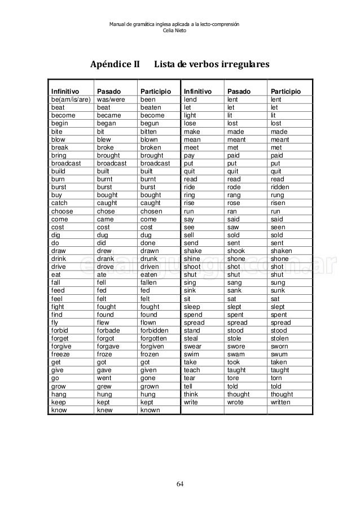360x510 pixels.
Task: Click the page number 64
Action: pyautogui.click(x=180, y=484)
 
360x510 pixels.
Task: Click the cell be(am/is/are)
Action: pyautogui.click(x=71, y=99)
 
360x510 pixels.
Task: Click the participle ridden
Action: pyautogui.click(x=280, y=187)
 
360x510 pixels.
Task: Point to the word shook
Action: pyautogui.click(x=235, y=251)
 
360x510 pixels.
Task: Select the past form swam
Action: pyautogui.click(x=235, y=355)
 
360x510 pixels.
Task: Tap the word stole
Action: pyautogui.click(x=234, y=338)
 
